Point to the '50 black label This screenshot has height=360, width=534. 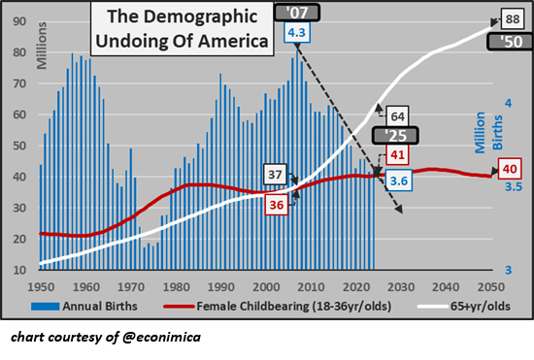click(511, 42)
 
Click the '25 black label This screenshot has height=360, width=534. click(399, 136)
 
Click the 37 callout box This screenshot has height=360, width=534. click(275, 176)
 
